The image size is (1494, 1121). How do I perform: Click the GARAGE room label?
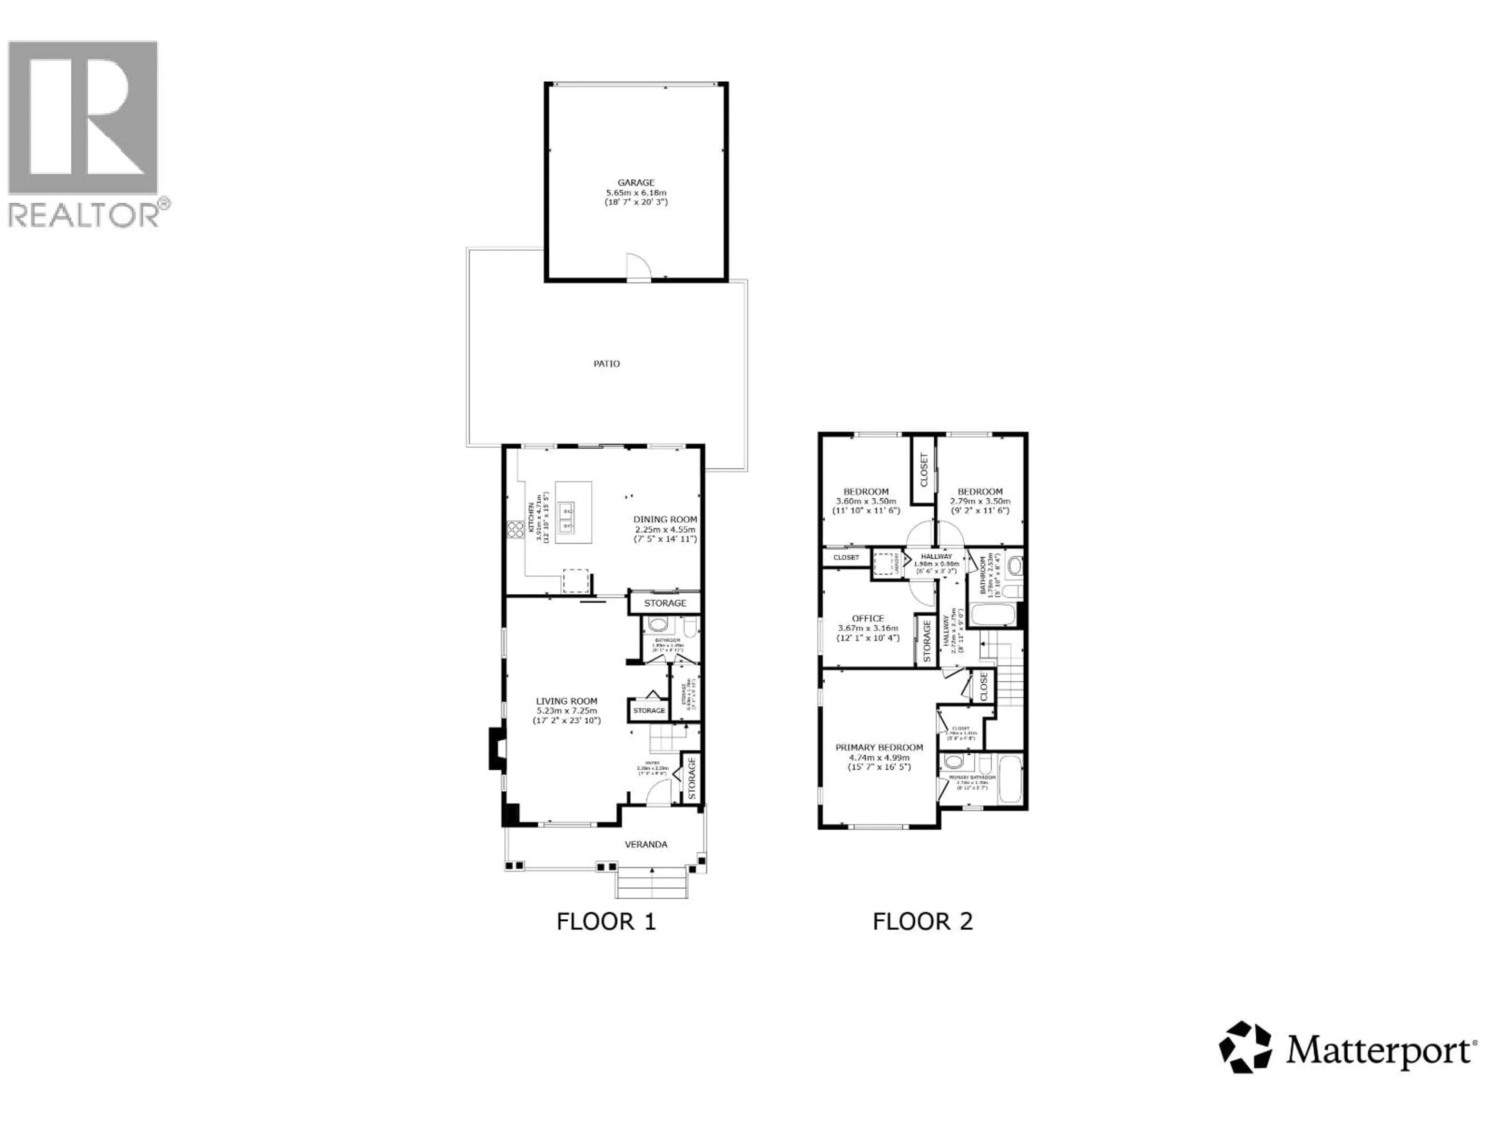click(636, 183)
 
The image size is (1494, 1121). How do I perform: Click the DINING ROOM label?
click(665, 520)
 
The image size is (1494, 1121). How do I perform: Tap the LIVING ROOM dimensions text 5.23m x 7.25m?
click(566, 711)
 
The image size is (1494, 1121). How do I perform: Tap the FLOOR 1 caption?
click(606, 922)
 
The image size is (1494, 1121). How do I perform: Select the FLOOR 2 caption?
click(922, 922)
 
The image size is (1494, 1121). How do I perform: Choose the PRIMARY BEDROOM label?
click(879, 747)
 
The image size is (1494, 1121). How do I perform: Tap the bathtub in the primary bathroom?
click(1010, 779)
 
